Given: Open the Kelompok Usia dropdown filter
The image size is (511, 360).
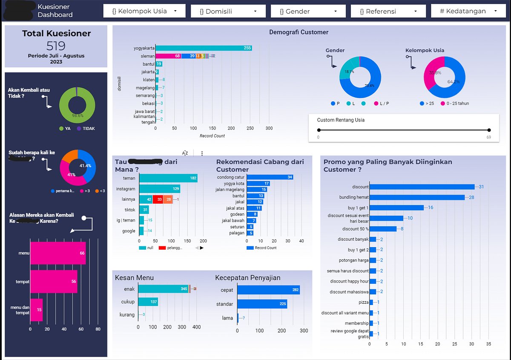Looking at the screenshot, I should pos(144,11).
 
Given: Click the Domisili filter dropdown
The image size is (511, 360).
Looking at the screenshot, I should pos(228,12).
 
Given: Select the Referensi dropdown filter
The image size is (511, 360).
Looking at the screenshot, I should pos(388,12).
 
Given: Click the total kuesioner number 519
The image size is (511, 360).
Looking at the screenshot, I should pos(56,46).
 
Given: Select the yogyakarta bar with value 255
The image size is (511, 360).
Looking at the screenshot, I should pos(203,48).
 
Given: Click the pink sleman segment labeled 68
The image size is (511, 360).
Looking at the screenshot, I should pos(168,56).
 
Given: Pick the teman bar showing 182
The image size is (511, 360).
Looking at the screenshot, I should pos(168,179).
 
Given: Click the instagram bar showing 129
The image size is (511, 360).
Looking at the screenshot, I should pos(160,189).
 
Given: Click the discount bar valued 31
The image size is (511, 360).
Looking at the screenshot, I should pos(422,187).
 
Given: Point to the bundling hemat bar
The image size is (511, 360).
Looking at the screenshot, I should pos(416,197).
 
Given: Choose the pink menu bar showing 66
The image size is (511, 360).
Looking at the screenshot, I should pos(57,253).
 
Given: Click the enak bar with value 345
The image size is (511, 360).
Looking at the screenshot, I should pos(164,289).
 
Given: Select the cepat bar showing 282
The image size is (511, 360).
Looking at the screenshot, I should pos(268,290).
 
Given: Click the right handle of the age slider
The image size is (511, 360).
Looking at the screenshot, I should pos(489,130).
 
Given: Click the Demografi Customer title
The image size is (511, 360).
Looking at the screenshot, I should pos(299,32).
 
